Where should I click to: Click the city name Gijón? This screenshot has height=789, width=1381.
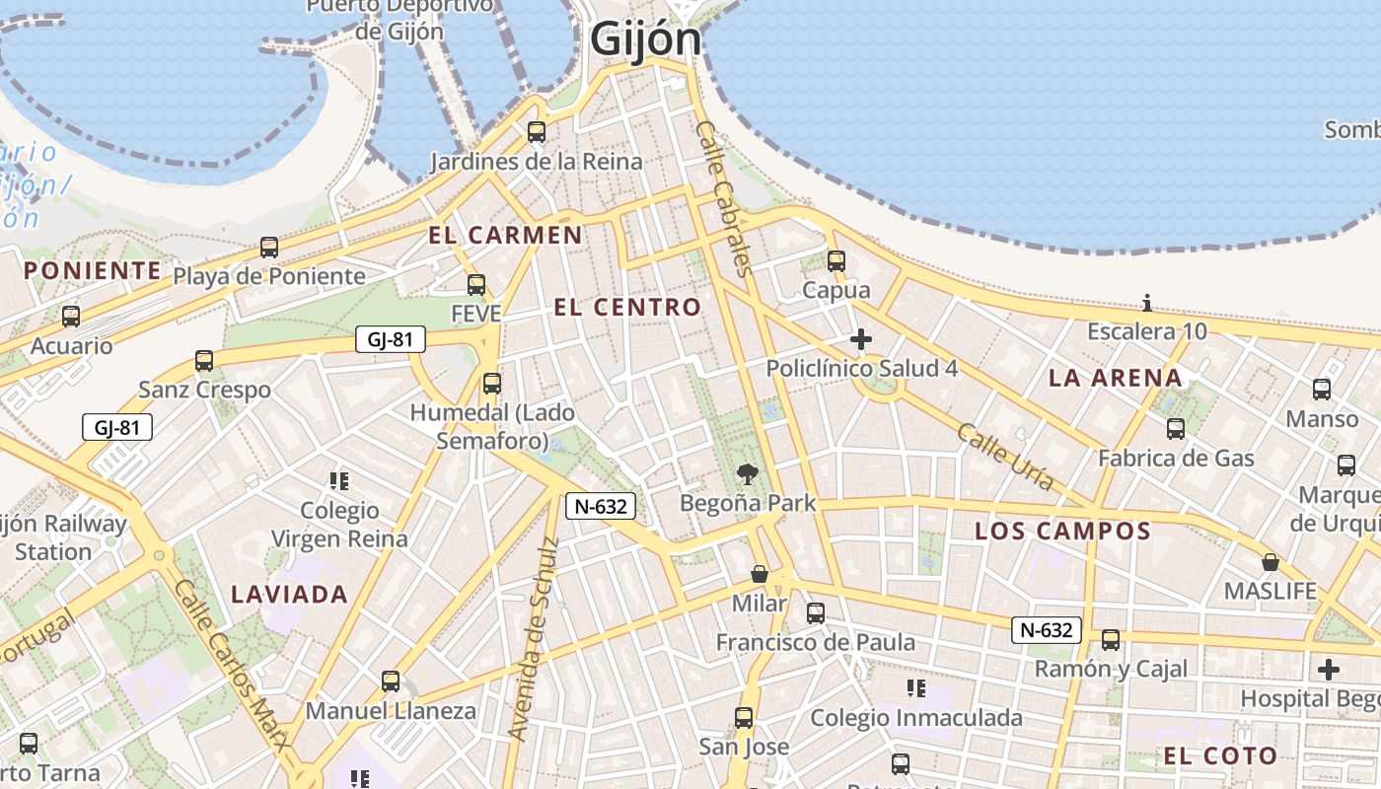(646, 40)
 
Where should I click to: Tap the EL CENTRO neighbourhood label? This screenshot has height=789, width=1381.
(627, 307)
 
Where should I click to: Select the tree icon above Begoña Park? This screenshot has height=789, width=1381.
(748, 474)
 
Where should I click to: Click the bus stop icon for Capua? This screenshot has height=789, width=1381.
(836, 261)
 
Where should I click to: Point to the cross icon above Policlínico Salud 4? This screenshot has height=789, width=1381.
(861, 340)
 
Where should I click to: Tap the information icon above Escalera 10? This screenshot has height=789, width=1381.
(1147, 303)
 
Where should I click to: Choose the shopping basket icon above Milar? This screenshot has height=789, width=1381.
(760, 574)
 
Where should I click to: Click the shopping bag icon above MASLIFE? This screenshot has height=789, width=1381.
(1271, 563)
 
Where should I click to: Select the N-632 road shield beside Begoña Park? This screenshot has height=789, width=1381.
(600, 506)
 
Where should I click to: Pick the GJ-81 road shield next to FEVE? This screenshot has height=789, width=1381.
(390, 340)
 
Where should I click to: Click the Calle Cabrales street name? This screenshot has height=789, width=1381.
(724, 197)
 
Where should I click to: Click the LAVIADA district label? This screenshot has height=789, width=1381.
(289, 595)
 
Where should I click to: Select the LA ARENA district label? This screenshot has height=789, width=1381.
(1115, 378)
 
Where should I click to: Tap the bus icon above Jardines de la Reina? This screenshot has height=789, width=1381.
(537, 132)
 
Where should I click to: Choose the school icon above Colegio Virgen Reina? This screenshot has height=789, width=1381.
(339, 481)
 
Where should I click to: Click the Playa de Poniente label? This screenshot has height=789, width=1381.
(269, 276)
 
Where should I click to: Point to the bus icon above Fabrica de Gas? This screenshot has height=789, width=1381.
(1176, 429)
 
